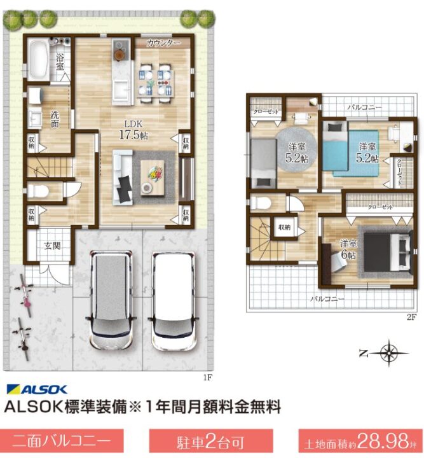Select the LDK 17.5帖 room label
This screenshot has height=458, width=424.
click(x=134, y=129)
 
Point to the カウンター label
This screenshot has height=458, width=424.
click(x=163, y=43)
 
